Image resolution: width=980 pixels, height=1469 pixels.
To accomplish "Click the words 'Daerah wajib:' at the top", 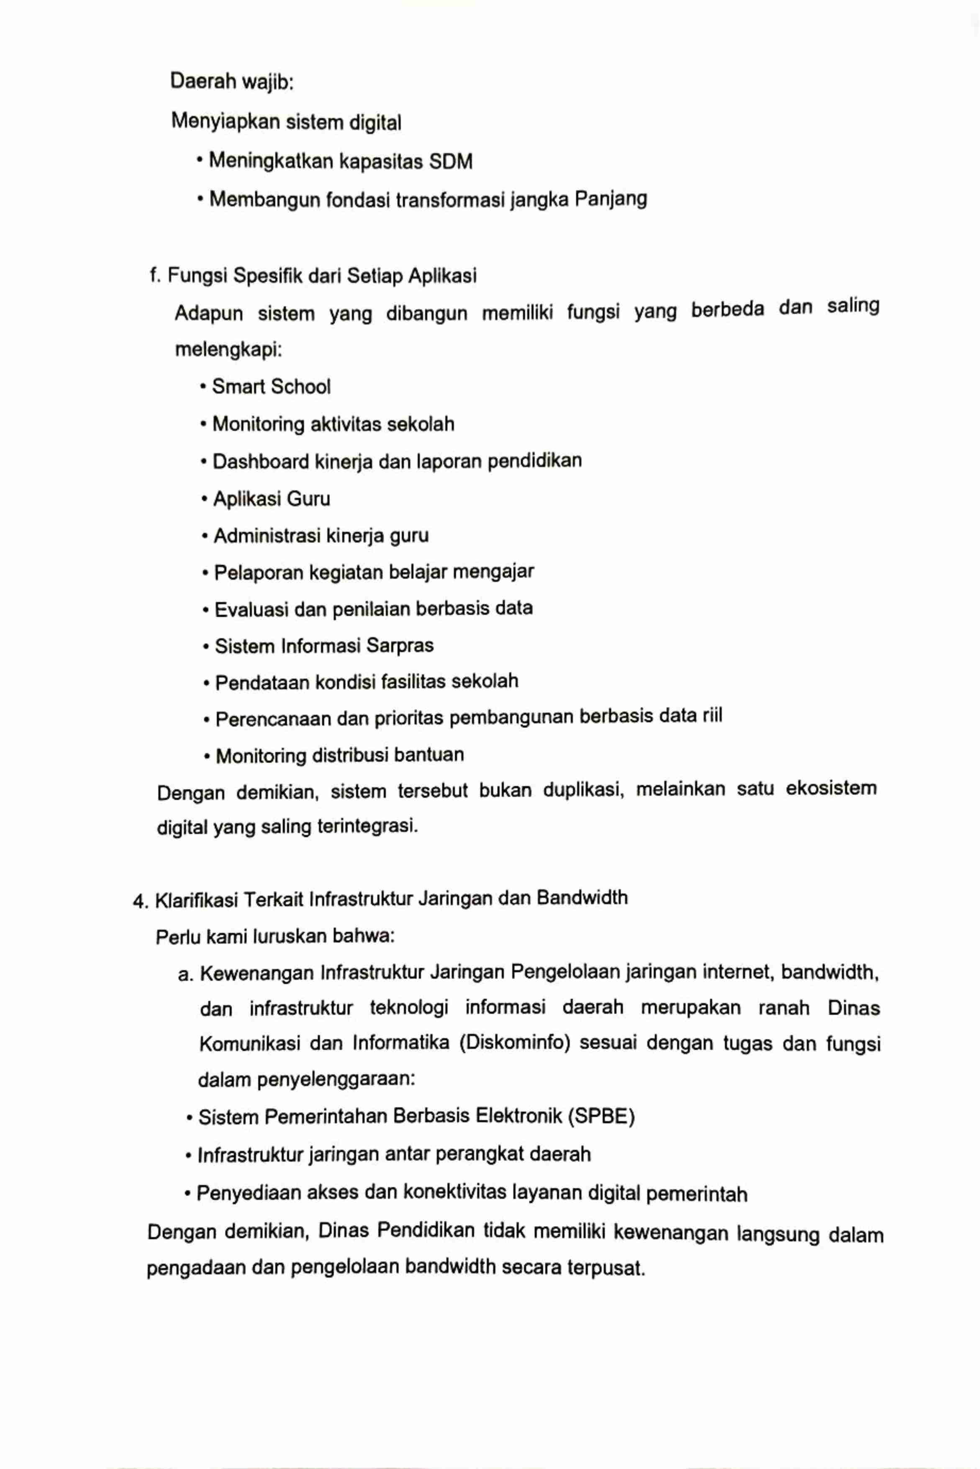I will [232, 81].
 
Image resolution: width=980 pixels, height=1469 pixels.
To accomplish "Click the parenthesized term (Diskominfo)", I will [514, 1044].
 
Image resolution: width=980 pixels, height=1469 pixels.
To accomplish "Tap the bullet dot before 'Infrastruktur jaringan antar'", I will [189, 1155].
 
